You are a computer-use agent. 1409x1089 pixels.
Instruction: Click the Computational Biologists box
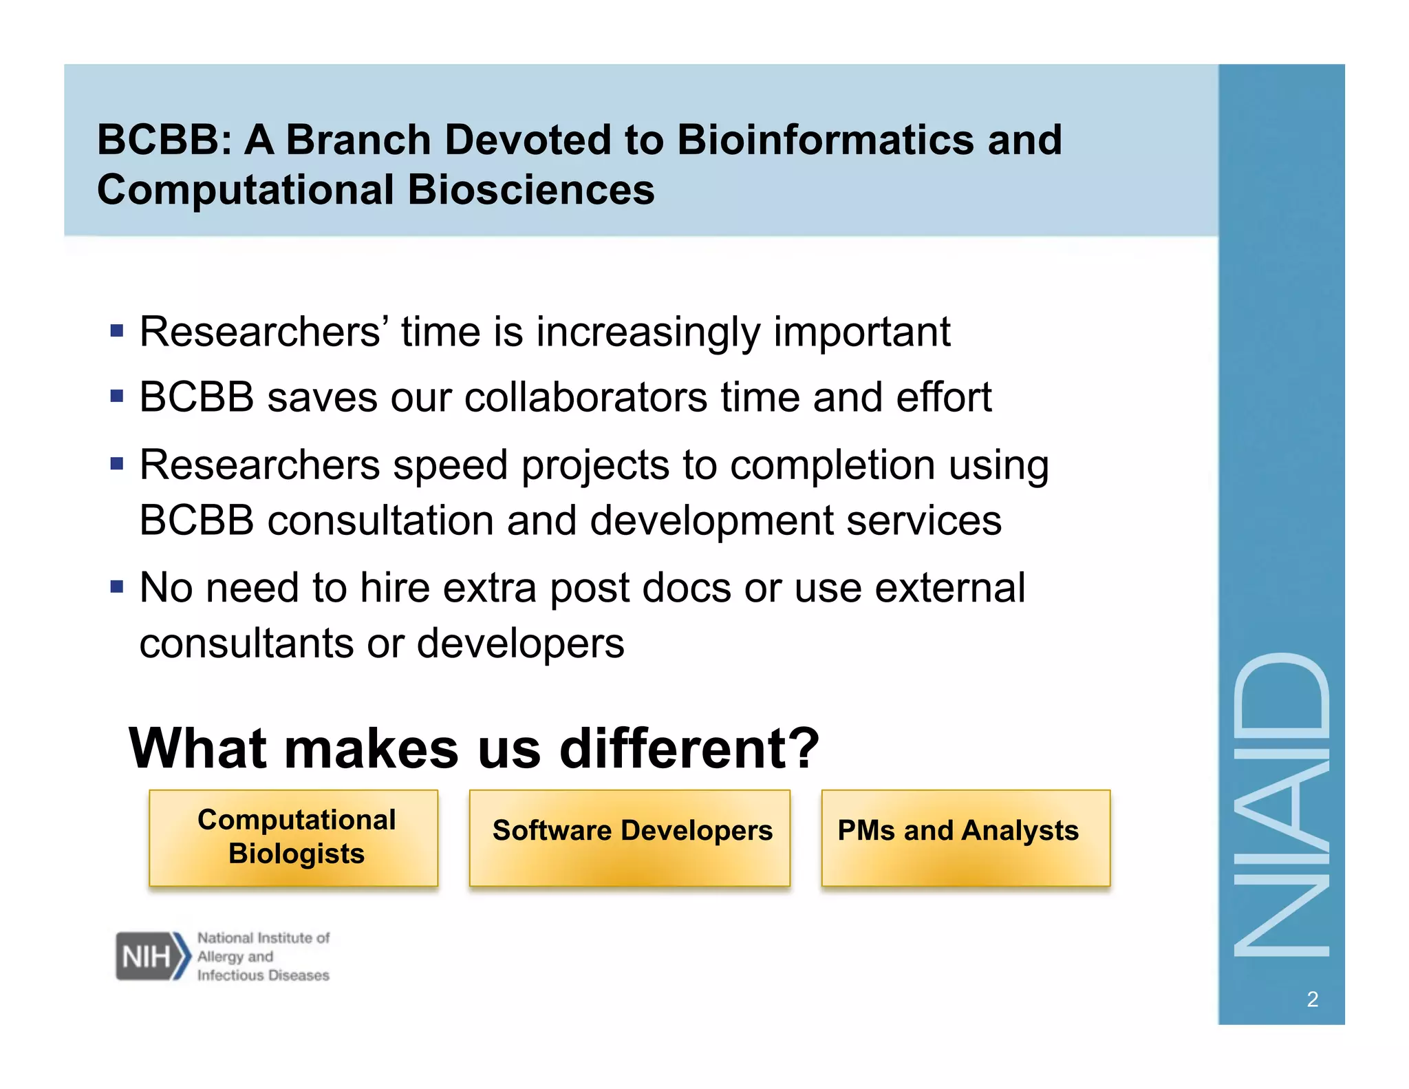click(293, 837)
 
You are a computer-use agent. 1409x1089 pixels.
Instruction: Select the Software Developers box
click(630, 837)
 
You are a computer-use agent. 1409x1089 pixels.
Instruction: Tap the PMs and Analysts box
click(965, 837)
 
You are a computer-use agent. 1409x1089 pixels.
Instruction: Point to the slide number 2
click(1312, 999)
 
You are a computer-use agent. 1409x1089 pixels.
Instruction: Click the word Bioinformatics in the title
click(826, 140)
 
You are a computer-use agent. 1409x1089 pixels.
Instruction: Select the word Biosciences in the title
click(530, 190)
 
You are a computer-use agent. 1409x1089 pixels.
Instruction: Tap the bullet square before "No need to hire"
click(117, 587)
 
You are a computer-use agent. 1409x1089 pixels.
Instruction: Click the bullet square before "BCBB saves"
click(117, 397)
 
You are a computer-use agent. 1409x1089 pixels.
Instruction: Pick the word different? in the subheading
click(689, 748)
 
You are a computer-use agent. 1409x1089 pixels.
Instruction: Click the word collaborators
click(585, 398)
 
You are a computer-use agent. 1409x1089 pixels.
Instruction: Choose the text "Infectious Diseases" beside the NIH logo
click(263, 975)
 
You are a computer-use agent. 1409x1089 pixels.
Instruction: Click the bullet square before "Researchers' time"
click(117, 331)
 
